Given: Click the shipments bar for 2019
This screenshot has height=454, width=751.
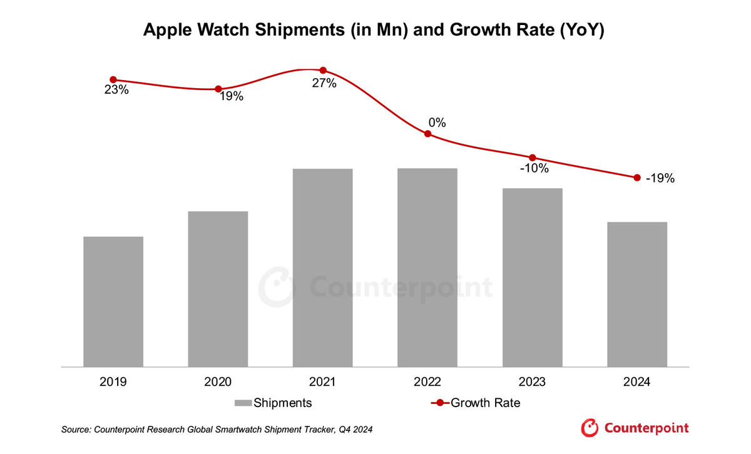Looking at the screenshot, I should pos(113,301).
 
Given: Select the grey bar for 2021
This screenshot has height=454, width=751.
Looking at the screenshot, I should pos(323,268).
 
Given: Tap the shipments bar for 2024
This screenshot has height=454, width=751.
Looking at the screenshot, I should pos(637,294).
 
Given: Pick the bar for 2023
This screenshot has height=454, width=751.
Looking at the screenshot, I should pos(533,277).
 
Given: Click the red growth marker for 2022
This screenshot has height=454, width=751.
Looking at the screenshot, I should pos(427,134).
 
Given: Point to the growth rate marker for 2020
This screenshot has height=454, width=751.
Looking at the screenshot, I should pos(218,89).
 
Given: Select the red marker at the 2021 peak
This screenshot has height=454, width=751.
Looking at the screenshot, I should pos(323,70).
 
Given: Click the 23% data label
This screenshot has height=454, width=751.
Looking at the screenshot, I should pos(116,90).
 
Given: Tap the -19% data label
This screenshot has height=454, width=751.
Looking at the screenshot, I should pos(660,179).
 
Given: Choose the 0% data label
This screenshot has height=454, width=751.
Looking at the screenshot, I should pos(437,123).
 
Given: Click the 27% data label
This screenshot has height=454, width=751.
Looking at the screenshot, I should pos(324,83).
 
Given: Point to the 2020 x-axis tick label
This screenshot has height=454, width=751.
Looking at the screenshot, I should pos(218,382).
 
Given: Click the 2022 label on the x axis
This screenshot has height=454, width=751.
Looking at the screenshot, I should pos(427,382).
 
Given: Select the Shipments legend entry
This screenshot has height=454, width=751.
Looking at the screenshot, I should pos(273,403).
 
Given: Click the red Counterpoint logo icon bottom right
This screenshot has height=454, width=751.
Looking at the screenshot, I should pos(590,428).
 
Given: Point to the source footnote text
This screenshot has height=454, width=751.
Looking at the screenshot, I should pos(219,430).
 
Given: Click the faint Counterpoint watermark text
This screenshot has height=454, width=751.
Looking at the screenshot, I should pos(401,288).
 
